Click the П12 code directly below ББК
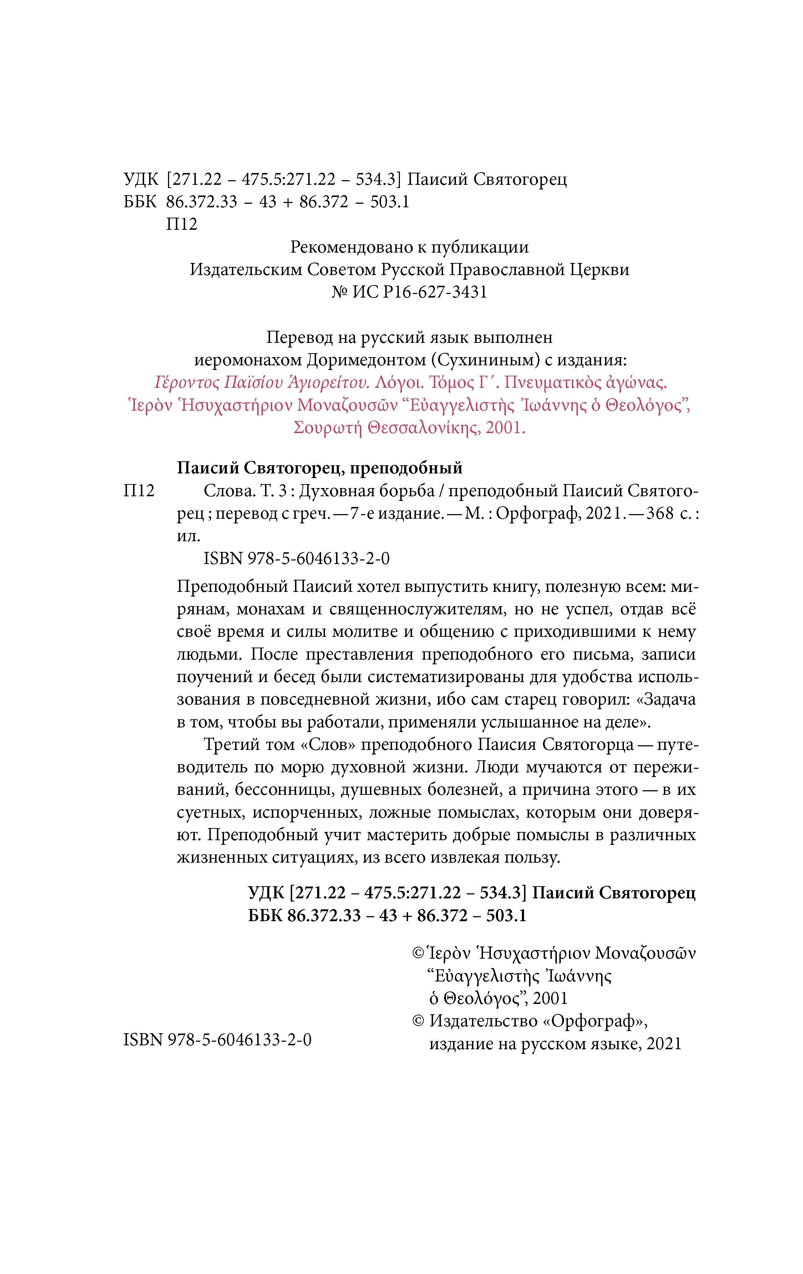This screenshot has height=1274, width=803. tap(182, 224)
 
